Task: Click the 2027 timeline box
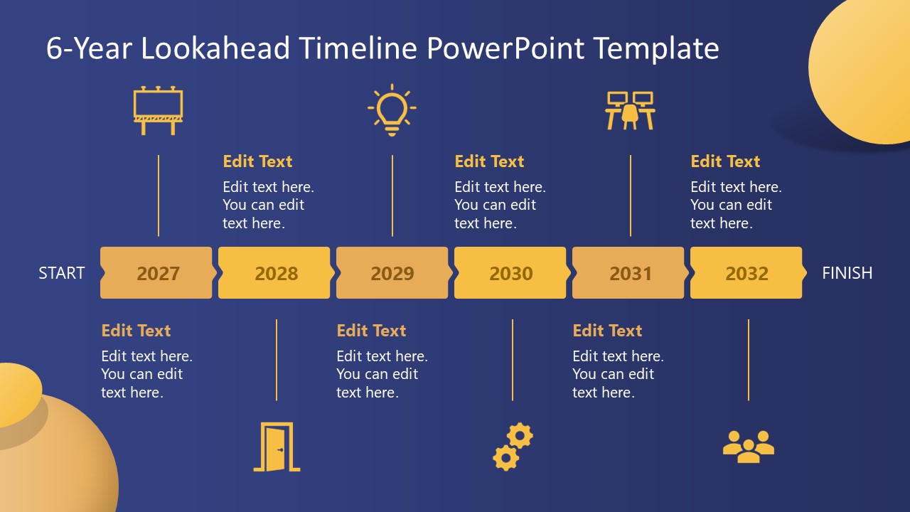pos(157,273)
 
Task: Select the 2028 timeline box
pos(275,273)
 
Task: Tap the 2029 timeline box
pos(392,273)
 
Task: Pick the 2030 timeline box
pos(510,273)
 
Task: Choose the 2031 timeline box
pos(629,273)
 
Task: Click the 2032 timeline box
pos(746,273)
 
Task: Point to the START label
pos(62,273)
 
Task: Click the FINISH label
pos(847,273)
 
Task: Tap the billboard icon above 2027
pos(158,111)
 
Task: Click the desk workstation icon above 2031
pos(630,110)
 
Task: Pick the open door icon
pos(277,447)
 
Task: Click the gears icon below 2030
pos(513,447)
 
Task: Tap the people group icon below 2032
pos(748,447)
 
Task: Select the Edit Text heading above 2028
pos(257,161)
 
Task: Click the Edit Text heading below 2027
pos(136,331)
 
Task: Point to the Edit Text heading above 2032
pos(725,161)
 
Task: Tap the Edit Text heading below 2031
pos(607,331)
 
